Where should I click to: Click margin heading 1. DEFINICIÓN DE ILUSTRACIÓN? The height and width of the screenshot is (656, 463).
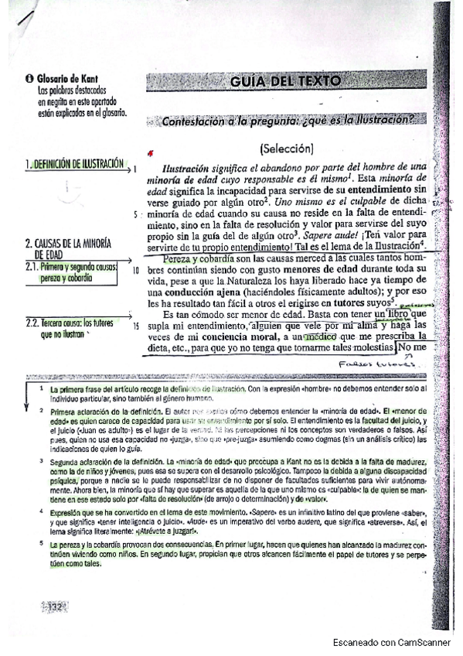(74, 164)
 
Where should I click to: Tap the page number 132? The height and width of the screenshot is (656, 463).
(55, 607)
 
